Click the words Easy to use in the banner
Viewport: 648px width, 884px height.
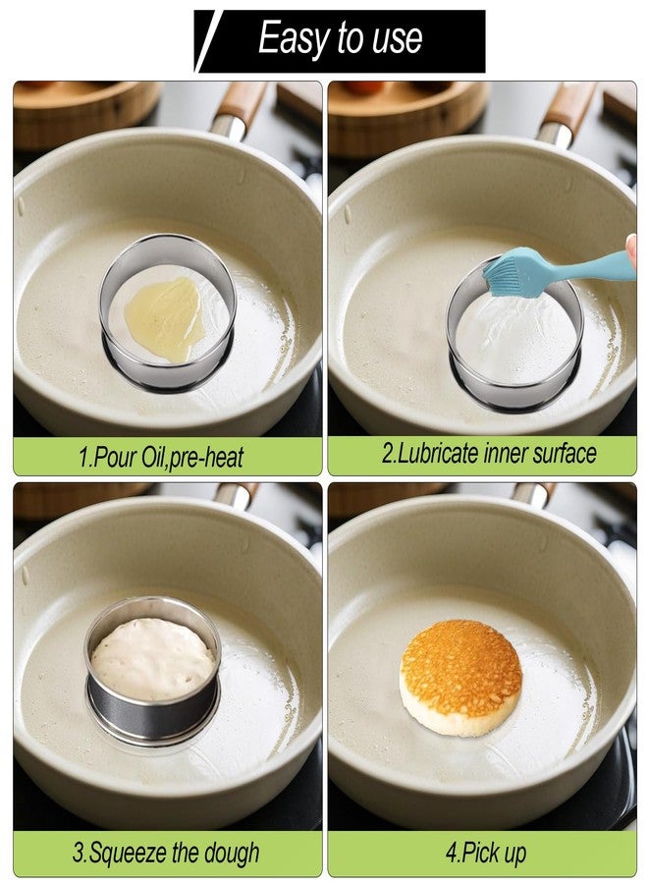(340, 38)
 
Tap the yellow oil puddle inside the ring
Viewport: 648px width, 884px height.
(165, 318)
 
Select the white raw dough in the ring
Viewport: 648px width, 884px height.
(153, 658)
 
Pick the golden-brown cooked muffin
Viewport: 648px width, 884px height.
(460, 678)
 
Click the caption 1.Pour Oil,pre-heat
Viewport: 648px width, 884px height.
(161, 457)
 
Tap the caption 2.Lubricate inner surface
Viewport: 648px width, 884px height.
(489, 453)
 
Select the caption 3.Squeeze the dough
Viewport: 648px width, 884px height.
(166, 853)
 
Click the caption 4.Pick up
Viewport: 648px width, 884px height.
(486, 853)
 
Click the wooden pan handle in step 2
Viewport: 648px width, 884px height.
(570, 107)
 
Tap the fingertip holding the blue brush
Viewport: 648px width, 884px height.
(632, 249)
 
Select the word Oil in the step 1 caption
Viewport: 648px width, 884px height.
(151, 457)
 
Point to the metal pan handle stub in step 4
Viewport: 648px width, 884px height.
(532, 494)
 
